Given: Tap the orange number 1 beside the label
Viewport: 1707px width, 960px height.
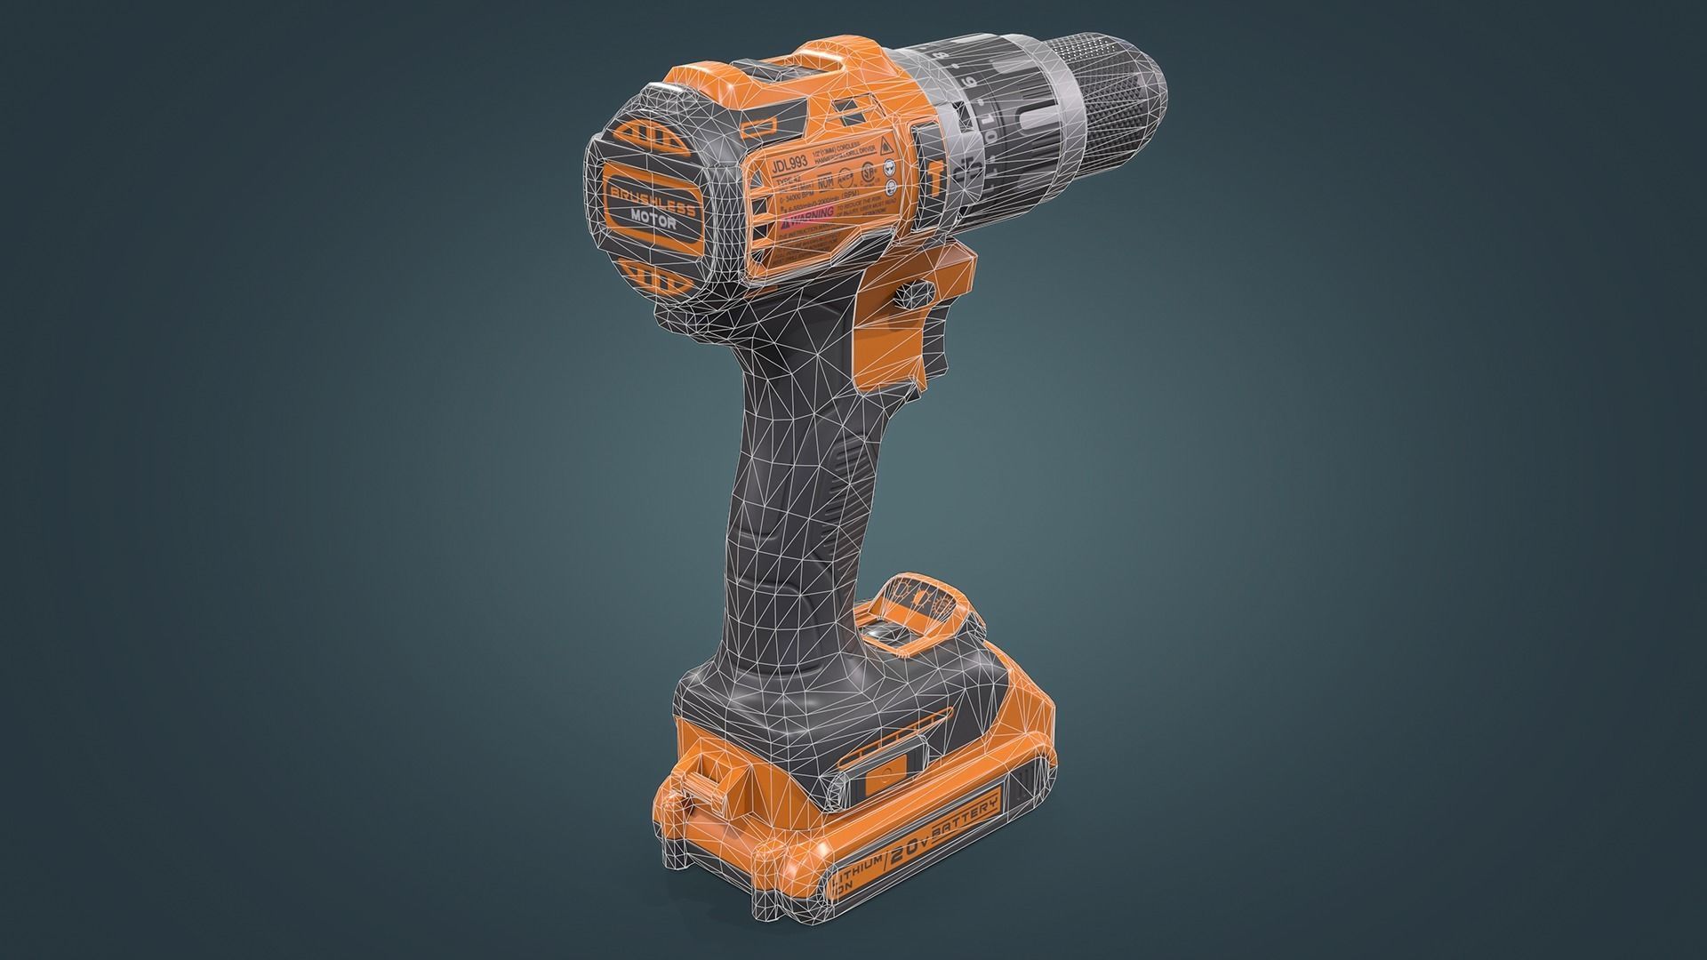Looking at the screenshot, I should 939,177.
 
